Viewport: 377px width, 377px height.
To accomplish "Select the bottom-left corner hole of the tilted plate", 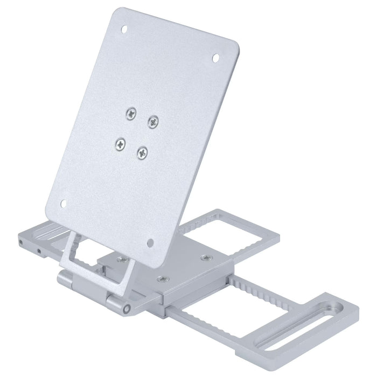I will click(62, 203).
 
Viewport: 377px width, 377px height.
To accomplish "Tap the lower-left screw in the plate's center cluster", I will click(120, 143).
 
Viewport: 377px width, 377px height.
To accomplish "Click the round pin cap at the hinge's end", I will click(126, 309).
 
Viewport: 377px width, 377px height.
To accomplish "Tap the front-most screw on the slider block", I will click(160, 279).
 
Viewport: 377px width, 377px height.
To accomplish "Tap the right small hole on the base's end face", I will click(39, 251).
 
